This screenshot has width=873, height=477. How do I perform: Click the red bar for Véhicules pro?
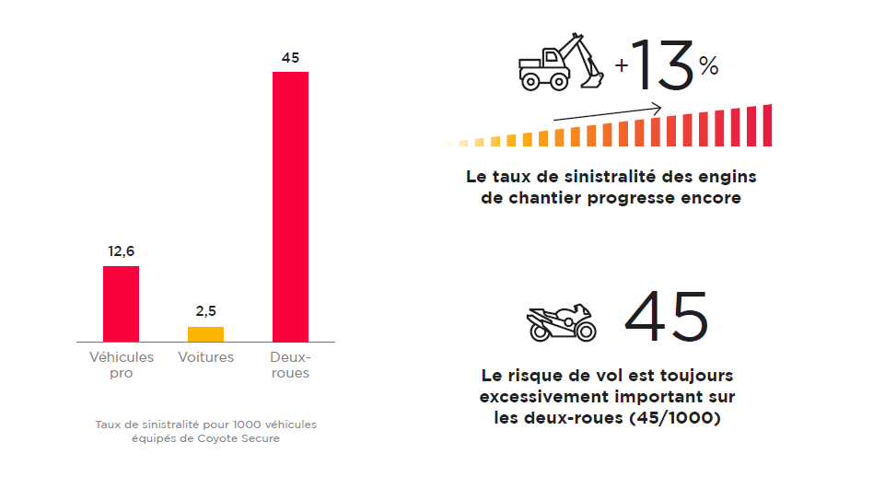point(121,304)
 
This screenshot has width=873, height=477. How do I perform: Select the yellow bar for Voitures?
point(205,334)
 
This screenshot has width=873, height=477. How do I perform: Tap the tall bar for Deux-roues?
point(290,206)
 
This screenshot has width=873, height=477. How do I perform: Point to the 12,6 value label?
point(121,251)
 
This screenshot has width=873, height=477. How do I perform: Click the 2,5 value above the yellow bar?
point(205,312)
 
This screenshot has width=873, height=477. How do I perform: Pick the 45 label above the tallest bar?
point(290,57)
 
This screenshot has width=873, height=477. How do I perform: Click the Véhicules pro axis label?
point(121,365)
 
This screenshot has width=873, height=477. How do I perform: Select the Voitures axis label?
point(205,357)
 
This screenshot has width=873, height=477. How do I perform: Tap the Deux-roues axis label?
point(290,365)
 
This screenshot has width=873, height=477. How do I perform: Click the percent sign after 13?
point(708,66)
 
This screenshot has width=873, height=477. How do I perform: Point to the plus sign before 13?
point(623,66)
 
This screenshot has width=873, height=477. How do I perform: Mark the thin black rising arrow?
point(608,112)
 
